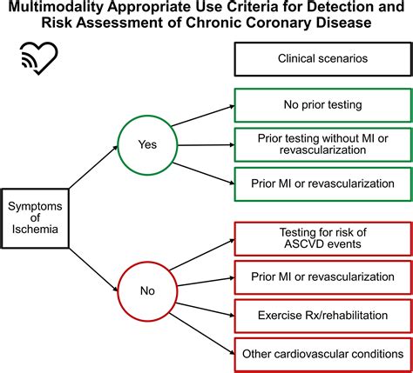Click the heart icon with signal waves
(36, 59)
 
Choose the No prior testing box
(320, 104)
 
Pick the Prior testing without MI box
(320, 144)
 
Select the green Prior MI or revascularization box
(320, 183)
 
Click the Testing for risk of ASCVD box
(320, 237)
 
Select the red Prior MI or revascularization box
(320, 276)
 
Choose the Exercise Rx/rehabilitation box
(320, 314)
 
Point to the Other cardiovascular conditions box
(320, 351)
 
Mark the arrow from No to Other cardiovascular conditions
(202, 323)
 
